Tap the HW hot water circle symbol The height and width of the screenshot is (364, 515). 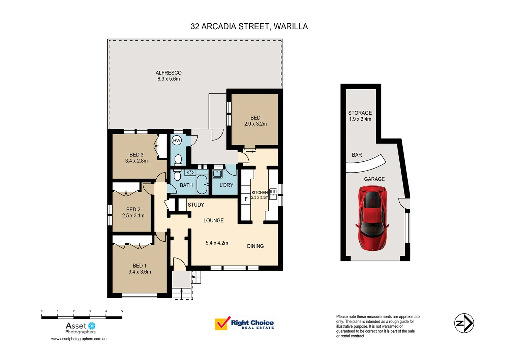(x=177, y=140)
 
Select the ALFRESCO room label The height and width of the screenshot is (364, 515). (x=169, y=73)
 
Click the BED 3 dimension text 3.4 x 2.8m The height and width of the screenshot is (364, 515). (x=137, y=161)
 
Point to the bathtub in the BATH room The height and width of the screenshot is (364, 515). (x=202, y=184)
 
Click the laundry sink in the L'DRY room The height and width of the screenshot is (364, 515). (x=217, y=174)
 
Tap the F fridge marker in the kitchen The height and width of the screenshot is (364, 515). (x=246, y=199)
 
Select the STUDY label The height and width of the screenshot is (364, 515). (x=196, y=205)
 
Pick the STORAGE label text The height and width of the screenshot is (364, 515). (x=360, y=113)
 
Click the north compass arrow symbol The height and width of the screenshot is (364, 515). (x=464, y=323)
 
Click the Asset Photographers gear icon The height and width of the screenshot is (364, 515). (x=92, y=326)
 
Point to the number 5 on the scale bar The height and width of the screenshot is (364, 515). (x=122, y=311)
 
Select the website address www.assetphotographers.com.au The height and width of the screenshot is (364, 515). (x=79, y=339)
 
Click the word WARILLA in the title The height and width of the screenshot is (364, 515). (x=291, y=26)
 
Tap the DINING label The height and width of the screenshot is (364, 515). (x=255, y=246)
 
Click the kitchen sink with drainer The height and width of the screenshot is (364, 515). (x=273, y=194)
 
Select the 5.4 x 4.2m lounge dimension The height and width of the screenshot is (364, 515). (x=217, y=243)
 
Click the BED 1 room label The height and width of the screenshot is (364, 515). (x=140, y=266)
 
